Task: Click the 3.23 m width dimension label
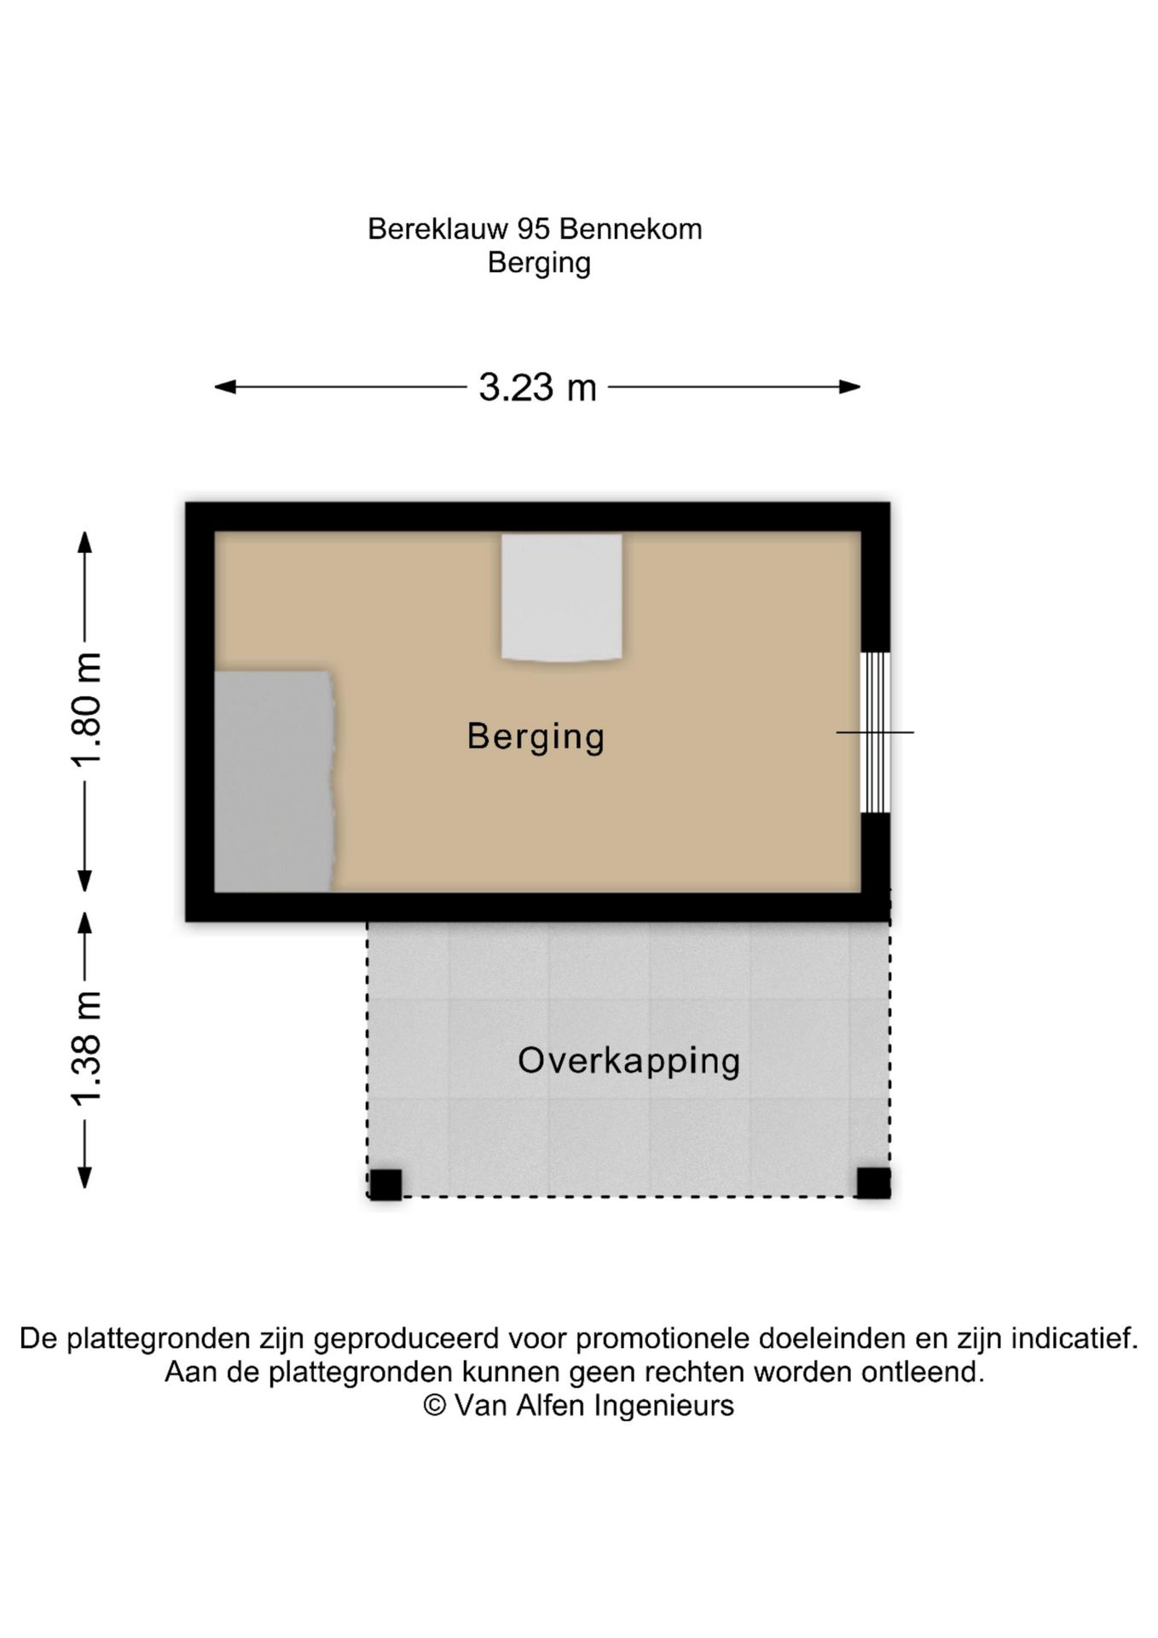click(x=537, y=387)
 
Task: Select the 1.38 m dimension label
click(x=86, y=1049)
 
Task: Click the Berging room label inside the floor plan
click(x=536, y=736)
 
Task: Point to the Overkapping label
click(x=628, y=1060)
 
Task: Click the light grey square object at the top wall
click(x=561, y=596)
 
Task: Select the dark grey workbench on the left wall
click(x=273, y=781)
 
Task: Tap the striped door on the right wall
click(x=875, y=732)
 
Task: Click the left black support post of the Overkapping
click(x=385, y=1184)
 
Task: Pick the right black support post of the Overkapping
click(x=873, y=1182)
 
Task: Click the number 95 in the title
click(x=535, y=229)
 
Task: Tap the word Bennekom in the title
click(x=630, y=229)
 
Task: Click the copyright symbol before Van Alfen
click(x=435, y=1405)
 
